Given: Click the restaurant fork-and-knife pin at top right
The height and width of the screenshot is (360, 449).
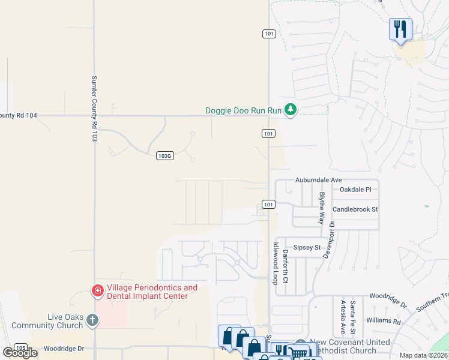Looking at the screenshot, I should (400, 29).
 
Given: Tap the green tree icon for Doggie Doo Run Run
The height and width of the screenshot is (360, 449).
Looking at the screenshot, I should (291, 110).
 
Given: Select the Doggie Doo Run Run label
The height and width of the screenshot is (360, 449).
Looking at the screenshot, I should (243, 110).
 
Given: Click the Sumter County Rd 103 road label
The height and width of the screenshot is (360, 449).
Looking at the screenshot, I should (94, 109).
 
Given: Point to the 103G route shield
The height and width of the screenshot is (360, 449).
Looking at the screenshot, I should (164, 155).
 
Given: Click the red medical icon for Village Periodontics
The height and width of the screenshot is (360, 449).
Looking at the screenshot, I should (97, 291).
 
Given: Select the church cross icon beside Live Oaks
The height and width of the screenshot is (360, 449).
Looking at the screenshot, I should (92, 320).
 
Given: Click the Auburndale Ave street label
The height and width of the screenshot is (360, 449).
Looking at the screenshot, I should (318, 179).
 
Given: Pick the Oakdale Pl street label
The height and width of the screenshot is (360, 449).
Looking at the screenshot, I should (355, 189).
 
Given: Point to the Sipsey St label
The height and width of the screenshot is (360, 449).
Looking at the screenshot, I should (307, 247).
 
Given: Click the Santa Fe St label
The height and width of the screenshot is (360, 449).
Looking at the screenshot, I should (353, 317).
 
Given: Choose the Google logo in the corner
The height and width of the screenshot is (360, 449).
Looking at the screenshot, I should (20, 353).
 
